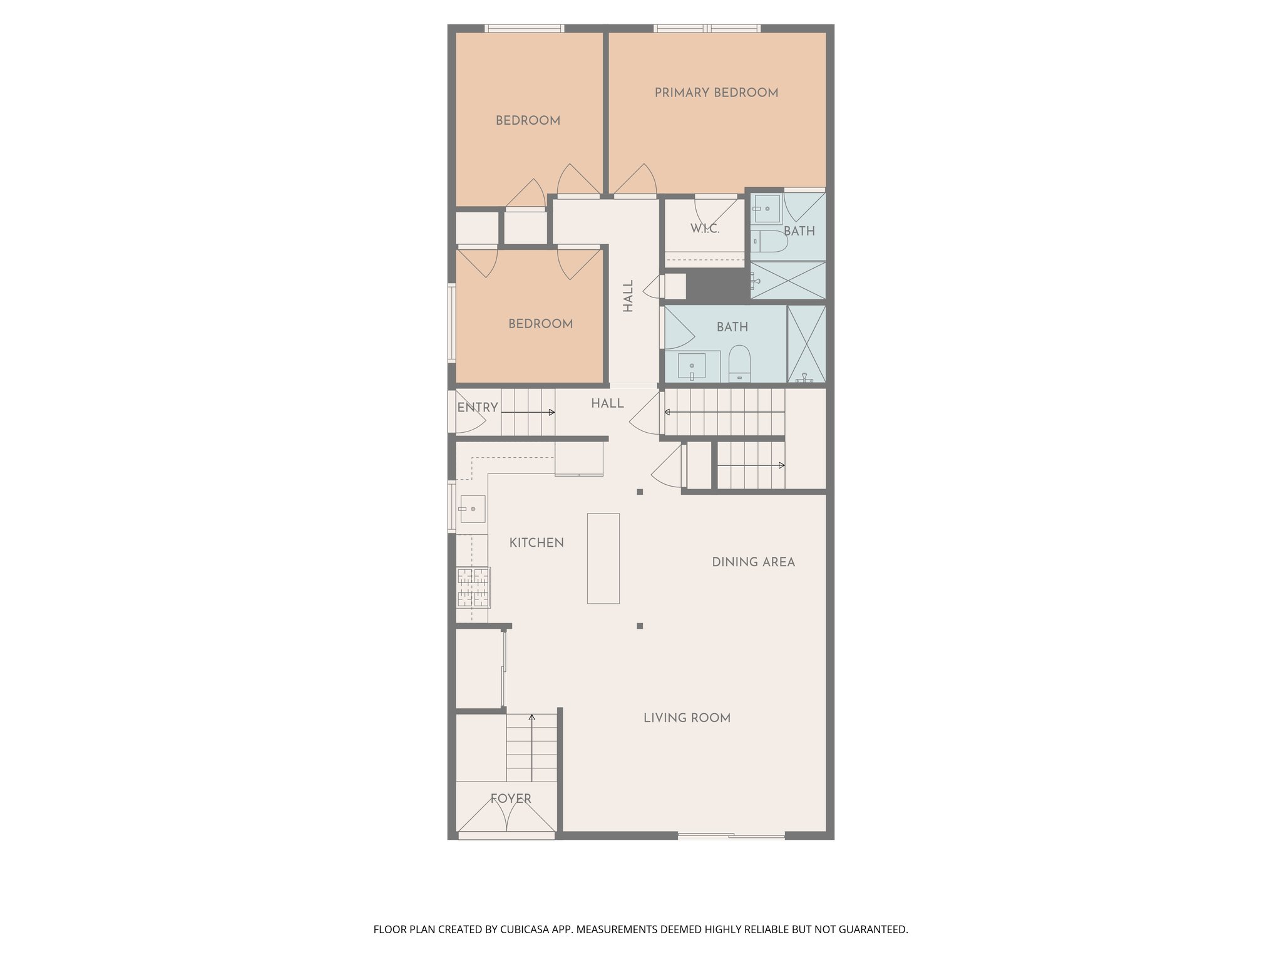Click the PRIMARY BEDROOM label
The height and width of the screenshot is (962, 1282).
click(x=716, y=93)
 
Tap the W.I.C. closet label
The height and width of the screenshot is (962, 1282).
click(x=704, y=229)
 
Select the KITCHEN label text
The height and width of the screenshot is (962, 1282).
click(x=536, y=543)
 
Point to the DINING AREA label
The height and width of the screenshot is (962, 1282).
click(x=753, y=562)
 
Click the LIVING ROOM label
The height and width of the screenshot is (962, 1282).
click(x=687, y=718)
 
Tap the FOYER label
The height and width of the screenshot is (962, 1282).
click(x=511, y=799)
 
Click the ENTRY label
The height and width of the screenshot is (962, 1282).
click(x=478, y=408)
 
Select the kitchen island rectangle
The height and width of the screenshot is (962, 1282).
click(x=603, y=558)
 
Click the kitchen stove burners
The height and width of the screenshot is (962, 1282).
click(x=473, y=587)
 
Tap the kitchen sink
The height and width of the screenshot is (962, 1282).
click(x=473, y=509)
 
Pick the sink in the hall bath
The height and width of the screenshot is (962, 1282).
click(x=692, y=366)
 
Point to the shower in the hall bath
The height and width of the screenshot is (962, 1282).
click(x=806, y=343)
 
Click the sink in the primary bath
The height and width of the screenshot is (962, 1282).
click(x=766, y=208)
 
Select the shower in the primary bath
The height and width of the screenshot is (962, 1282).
click(x=788, y=280)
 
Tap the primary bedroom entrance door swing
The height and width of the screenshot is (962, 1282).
click(x=637, y=180)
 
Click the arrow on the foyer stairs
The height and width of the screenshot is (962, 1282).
click(x=532, y=717)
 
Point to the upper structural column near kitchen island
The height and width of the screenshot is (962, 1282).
click(x=640, y=492)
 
